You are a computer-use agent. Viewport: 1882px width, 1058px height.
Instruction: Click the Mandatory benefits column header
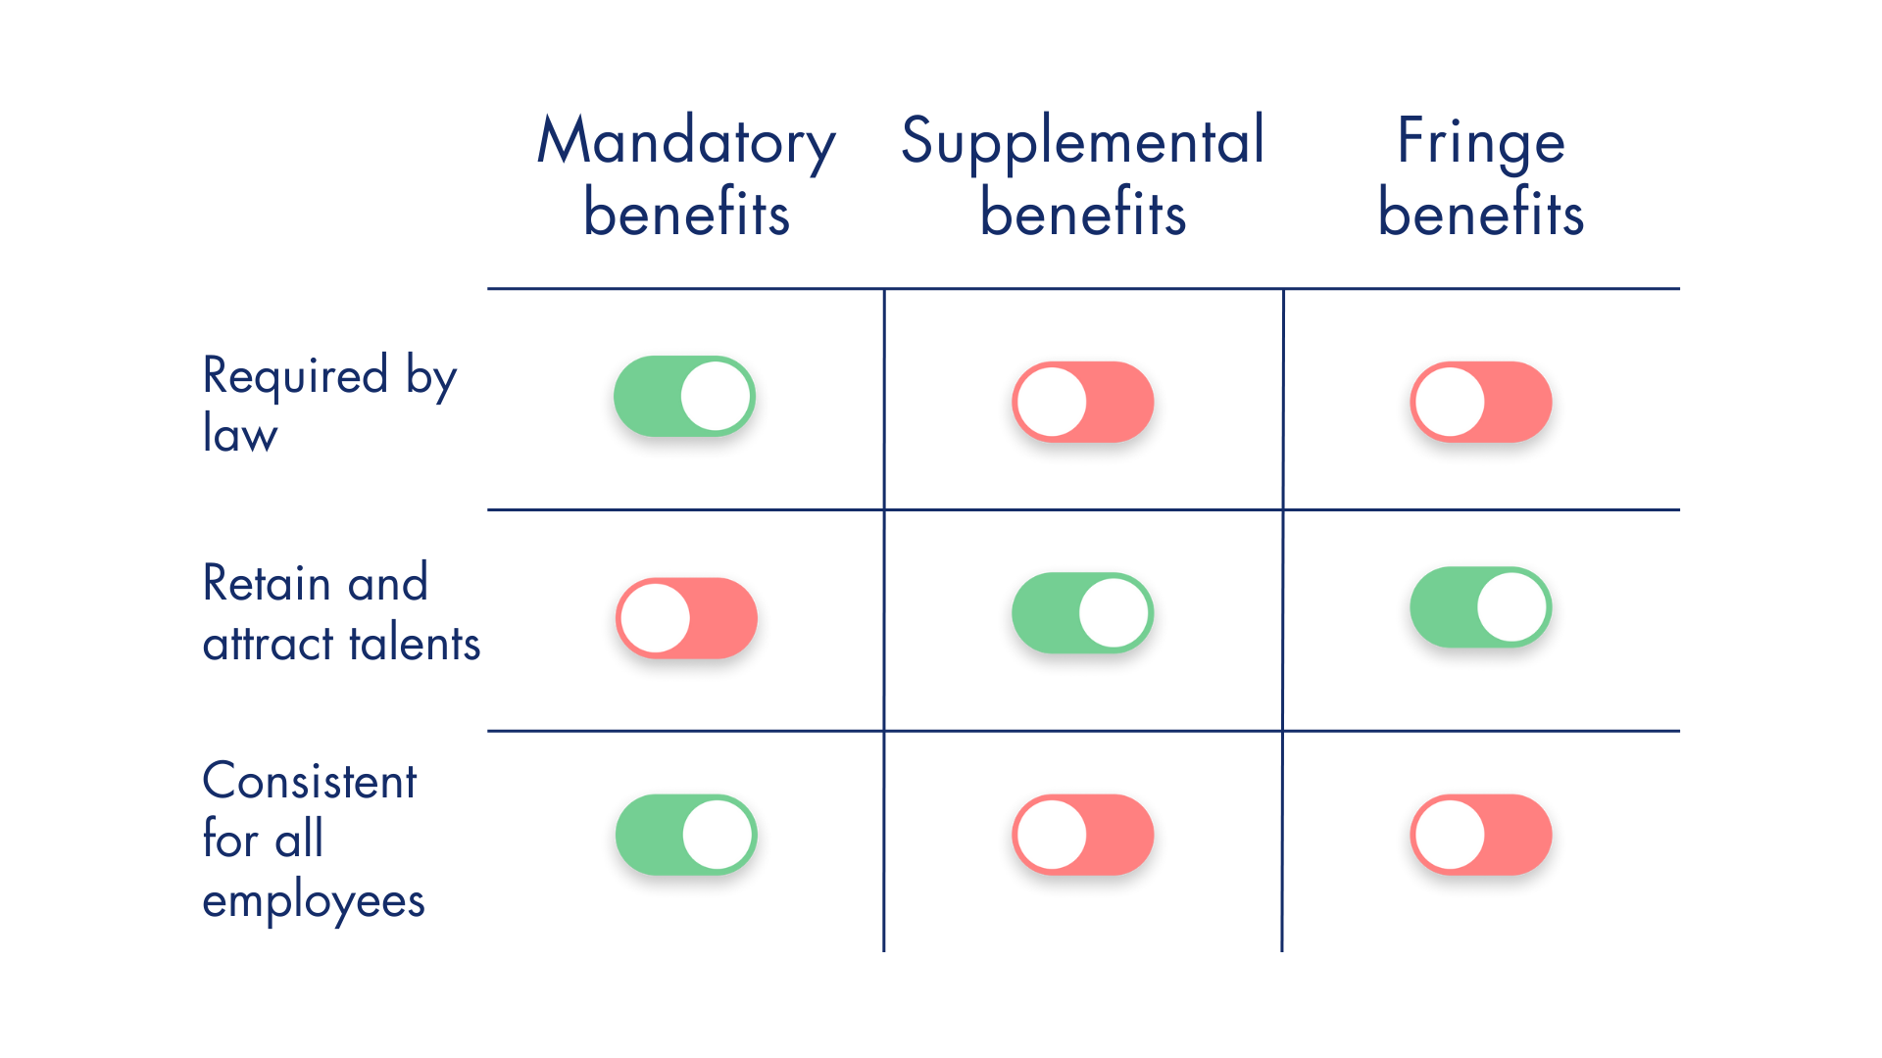[x=686, y=176]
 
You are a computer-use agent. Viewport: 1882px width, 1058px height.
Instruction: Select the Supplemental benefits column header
[x=1083, y=176]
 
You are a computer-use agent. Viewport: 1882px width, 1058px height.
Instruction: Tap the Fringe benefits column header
[x=1481, y=176]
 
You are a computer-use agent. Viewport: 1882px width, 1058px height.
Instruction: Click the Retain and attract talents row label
[x=340, y=613]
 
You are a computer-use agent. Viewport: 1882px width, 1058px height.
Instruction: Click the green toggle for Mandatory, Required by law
[x=684, y=396]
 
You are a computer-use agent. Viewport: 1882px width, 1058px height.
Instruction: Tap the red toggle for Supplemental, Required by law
[x=1083, y=402]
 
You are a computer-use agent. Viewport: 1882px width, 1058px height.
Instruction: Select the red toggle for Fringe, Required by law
[x=1481, y=402]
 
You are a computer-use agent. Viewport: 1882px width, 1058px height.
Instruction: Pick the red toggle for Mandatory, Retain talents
[x=686, y=618]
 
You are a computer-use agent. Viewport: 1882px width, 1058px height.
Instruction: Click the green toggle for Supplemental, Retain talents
[x=1083, y=613]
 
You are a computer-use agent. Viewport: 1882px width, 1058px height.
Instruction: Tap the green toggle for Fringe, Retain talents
[x=1481, y=607]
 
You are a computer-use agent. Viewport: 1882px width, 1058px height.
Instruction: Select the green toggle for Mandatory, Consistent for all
[x=686, y=835]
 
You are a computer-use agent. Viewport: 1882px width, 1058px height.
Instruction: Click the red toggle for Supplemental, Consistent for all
[x=1083, y=835]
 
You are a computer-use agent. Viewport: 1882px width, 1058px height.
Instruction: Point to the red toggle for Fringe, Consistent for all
[x=1481, y=835]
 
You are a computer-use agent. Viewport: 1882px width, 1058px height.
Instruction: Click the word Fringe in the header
[x=1481, y=143]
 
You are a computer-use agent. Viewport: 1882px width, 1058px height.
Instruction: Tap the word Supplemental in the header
[x=1083, y=143]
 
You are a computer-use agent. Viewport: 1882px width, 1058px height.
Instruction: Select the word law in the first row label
[x=240, y=433]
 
